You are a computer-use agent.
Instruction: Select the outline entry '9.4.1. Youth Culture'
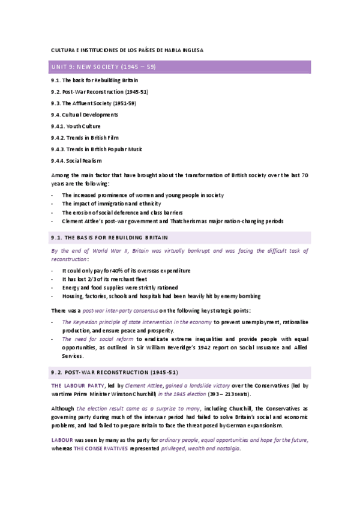click(76, 126)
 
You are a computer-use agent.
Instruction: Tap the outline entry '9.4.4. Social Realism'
click(76, 160)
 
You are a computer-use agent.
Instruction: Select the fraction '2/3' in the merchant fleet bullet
click(97, 280)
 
